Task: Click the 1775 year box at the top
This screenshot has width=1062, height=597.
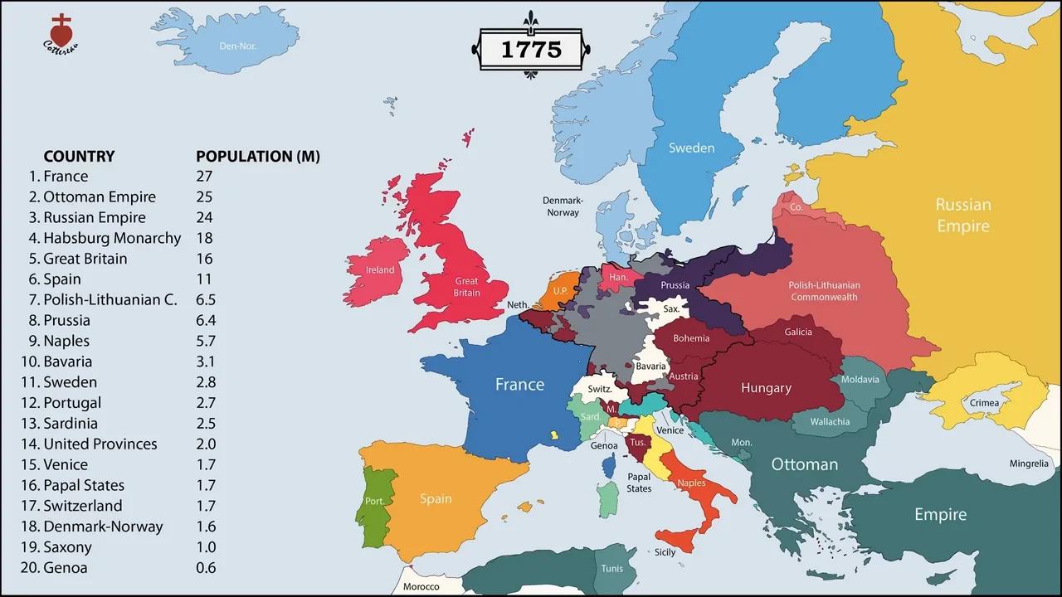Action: [x=531, y=49]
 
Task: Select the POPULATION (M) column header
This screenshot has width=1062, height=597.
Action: [x=257, y=156]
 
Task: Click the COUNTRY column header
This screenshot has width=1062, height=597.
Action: [x=79, y=156]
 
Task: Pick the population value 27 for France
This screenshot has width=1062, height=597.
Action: [x=204, y=176]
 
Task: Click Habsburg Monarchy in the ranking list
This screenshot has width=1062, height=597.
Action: [x=112, y=238]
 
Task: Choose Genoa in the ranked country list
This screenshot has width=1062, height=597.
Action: [x=65, y=568]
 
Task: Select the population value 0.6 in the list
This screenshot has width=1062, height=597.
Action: [x=206, y=568]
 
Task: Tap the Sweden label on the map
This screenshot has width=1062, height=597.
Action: [x=691, y=148]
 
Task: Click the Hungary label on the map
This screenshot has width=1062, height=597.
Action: [x=766, y=388]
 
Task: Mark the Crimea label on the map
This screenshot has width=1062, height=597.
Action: [x=985, y=403]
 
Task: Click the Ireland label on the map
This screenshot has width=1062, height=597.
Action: [x=380, y=269]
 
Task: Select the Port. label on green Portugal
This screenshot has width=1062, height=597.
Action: [x=375, y=501]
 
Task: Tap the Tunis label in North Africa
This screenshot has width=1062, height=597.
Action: [x=611, y=569]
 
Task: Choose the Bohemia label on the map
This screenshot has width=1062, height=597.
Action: [x=691, y=337]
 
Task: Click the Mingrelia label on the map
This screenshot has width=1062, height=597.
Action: [x=1029, y=464]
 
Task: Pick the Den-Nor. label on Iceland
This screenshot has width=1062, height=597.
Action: [x=238, y=46]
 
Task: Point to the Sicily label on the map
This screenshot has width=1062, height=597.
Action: [x=665, y=552]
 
